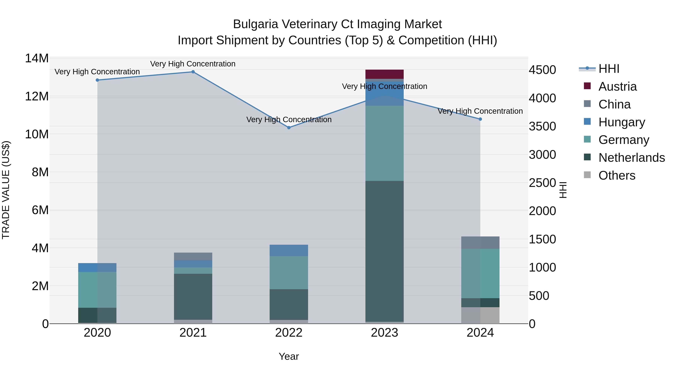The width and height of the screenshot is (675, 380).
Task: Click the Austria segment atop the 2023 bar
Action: (384, 74)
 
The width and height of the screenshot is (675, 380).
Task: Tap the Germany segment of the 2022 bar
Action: (289, 272)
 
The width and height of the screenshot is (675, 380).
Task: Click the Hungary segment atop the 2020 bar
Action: (97, 267)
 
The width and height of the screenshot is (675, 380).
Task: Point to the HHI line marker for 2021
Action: (193, 72)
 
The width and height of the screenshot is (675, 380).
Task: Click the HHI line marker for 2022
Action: (289, 128)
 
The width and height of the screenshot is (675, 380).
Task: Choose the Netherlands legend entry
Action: (631, 158)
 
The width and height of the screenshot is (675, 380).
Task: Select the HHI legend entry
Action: (608, 69)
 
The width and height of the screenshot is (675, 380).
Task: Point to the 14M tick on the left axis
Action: (37, 58)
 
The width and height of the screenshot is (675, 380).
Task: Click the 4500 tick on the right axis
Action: (542, 70)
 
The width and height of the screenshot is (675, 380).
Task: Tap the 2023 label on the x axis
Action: (384, 333)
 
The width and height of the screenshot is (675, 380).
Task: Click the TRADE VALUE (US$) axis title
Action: (6, 190)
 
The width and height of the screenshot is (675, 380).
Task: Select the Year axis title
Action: (289, 356)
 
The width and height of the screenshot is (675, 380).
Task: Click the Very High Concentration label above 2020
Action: (97, 72)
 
